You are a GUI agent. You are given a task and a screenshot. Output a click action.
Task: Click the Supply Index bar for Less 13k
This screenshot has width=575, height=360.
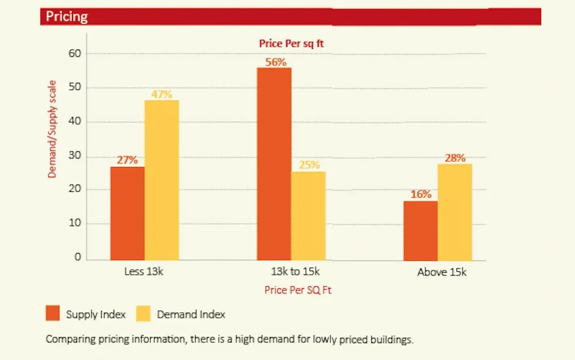coord(127,213)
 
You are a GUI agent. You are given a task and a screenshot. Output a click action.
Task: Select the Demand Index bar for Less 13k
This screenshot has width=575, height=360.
coord(162,180)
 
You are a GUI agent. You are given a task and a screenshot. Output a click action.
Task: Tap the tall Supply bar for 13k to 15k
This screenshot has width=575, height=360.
coord(274,164)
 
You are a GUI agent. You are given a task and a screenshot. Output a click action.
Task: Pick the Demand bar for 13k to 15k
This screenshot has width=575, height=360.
coord(309,216)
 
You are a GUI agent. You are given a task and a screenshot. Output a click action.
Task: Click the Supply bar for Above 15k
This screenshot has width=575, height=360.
coord(420,231)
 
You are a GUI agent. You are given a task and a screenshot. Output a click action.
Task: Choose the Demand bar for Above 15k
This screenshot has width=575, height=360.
coord(455,212)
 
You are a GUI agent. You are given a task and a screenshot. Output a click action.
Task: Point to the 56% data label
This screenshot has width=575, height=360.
coord(276,62)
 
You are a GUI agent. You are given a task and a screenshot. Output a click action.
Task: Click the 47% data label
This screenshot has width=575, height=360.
coord(162,94)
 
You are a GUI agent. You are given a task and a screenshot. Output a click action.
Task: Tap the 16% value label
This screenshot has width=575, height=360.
coord(421,194)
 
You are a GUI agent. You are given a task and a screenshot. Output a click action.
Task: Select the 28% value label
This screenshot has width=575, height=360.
coord(455,158)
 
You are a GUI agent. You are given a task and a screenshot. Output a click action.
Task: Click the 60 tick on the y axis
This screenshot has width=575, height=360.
coord(75,53)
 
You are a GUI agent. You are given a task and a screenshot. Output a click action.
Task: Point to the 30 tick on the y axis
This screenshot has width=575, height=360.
coord(75,155)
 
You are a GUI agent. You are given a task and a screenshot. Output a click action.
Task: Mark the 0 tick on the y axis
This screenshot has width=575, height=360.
coord(78,257)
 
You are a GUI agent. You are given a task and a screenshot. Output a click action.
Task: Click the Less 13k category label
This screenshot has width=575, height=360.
coord(144,272)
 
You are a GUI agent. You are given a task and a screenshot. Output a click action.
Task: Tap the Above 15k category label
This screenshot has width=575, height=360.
coord(442,272)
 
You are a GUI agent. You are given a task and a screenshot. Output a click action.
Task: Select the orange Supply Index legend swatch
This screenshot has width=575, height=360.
coord(52,314)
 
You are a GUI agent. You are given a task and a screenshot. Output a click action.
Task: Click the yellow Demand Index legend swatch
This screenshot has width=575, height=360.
coord(143,314)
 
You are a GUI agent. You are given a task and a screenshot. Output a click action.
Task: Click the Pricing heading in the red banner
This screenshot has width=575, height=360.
coord(67,16)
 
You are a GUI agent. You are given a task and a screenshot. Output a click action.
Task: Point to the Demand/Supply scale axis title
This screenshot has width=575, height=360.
coord(52,129)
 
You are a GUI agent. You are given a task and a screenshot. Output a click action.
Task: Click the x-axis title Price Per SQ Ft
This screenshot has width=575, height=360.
coord(298,290)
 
